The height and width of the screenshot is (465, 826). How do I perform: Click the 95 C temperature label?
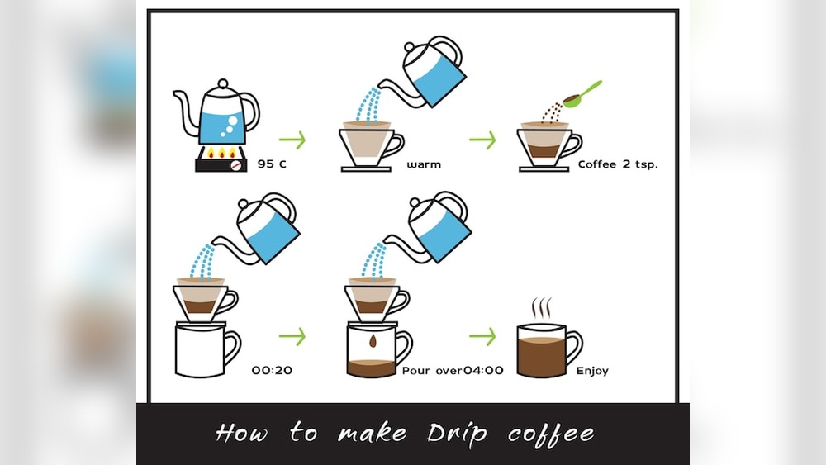point(272,164)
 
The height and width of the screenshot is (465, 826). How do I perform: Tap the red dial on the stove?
point(236,165)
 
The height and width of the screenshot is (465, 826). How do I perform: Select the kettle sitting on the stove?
point(217,115)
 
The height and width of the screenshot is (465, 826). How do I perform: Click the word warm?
point(424,164)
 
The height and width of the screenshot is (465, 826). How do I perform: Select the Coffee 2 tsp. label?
point(617,164)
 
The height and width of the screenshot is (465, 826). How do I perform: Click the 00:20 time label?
point(272,370)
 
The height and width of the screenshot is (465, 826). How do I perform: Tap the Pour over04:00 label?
point(452,370)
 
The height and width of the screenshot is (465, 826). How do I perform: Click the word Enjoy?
point(592,371)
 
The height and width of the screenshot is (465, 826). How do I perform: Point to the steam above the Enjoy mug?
point(541,307)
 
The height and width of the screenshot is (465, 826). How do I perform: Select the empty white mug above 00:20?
point(203,350)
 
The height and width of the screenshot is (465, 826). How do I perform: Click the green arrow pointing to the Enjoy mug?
point(482,336)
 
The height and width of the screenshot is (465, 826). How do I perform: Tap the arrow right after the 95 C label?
point(292,140)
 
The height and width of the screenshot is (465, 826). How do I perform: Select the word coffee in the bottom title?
point(551,433)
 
